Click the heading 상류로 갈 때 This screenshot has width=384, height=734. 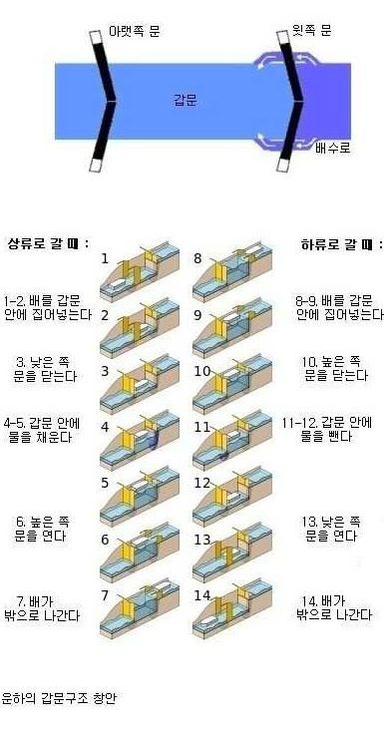pos(48,243)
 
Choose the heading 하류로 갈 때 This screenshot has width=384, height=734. pos(336,243)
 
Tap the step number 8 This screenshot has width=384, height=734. pos(199,259)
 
